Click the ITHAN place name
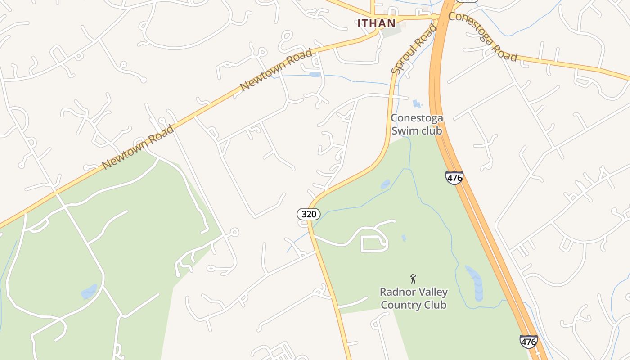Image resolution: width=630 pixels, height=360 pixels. tap(377, 23)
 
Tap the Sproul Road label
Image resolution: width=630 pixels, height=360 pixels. tap(414, 49)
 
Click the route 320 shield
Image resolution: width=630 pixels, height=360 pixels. tap(309, 214)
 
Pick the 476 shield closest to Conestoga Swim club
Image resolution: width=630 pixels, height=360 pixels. tap(454, 178)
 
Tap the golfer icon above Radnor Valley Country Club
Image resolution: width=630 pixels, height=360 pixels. tap(413, 279)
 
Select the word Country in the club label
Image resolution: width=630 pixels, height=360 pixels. tap(398, 305)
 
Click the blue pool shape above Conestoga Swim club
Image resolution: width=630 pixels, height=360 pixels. tap(417, 104)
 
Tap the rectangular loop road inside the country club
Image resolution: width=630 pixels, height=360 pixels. tap(374, 243)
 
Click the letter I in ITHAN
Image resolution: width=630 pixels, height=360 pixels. tap(360, 23)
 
